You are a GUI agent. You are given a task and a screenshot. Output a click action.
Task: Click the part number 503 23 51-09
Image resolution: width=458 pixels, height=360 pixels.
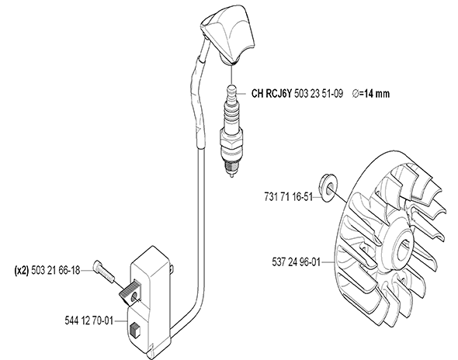pos(318,94)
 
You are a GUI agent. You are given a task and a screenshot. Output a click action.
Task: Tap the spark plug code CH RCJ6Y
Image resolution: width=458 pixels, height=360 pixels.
pos(272,94)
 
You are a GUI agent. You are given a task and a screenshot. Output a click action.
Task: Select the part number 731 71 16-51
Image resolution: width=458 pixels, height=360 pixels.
pos(288,197)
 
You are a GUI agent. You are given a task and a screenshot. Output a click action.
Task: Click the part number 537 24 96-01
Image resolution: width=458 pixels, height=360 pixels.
pos(297,262)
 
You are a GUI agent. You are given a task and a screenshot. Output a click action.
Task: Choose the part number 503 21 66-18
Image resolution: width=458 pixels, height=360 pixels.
pos(55,270)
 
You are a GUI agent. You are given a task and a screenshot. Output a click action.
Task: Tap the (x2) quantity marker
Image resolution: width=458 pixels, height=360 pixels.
pos(22,270)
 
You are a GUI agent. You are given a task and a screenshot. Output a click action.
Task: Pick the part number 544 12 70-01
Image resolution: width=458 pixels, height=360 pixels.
pos(88,321)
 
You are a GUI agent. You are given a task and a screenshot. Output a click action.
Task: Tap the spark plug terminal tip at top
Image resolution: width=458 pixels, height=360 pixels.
pos(231,88)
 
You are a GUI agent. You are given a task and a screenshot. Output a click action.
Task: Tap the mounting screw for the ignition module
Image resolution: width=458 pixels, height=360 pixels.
pos(104,272)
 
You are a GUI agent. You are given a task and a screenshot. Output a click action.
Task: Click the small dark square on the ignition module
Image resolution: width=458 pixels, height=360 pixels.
pos(134,331)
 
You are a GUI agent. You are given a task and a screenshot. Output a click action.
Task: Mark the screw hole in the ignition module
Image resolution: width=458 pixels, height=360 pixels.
pos(134,298)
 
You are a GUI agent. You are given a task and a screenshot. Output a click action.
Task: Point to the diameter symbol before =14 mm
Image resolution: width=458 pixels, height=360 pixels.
pos(356,94)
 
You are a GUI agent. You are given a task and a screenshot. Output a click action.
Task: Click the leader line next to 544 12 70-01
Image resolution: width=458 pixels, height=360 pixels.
pos(120,321)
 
